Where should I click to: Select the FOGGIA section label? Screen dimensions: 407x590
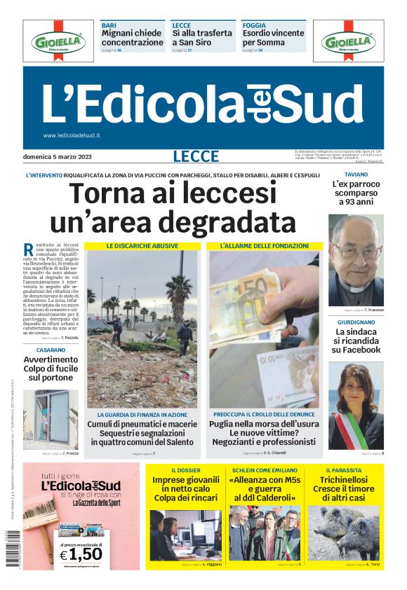254,25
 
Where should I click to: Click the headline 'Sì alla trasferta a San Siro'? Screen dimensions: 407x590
202,38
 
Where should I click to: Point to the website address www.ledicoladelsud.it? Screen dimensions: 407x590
72,135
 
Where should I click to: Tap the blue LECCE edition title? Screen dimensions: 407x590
196,157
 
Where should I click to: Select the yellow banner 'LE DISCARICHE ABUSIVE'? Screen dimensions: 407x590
142,246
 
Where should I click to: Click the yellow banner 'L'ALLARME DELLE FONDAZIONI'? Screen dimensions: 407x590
264,246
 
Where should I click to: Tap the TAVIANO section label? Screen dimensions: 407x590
356,174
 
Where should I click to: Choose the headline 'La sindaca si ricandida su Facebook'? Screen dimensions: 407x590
356,341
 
